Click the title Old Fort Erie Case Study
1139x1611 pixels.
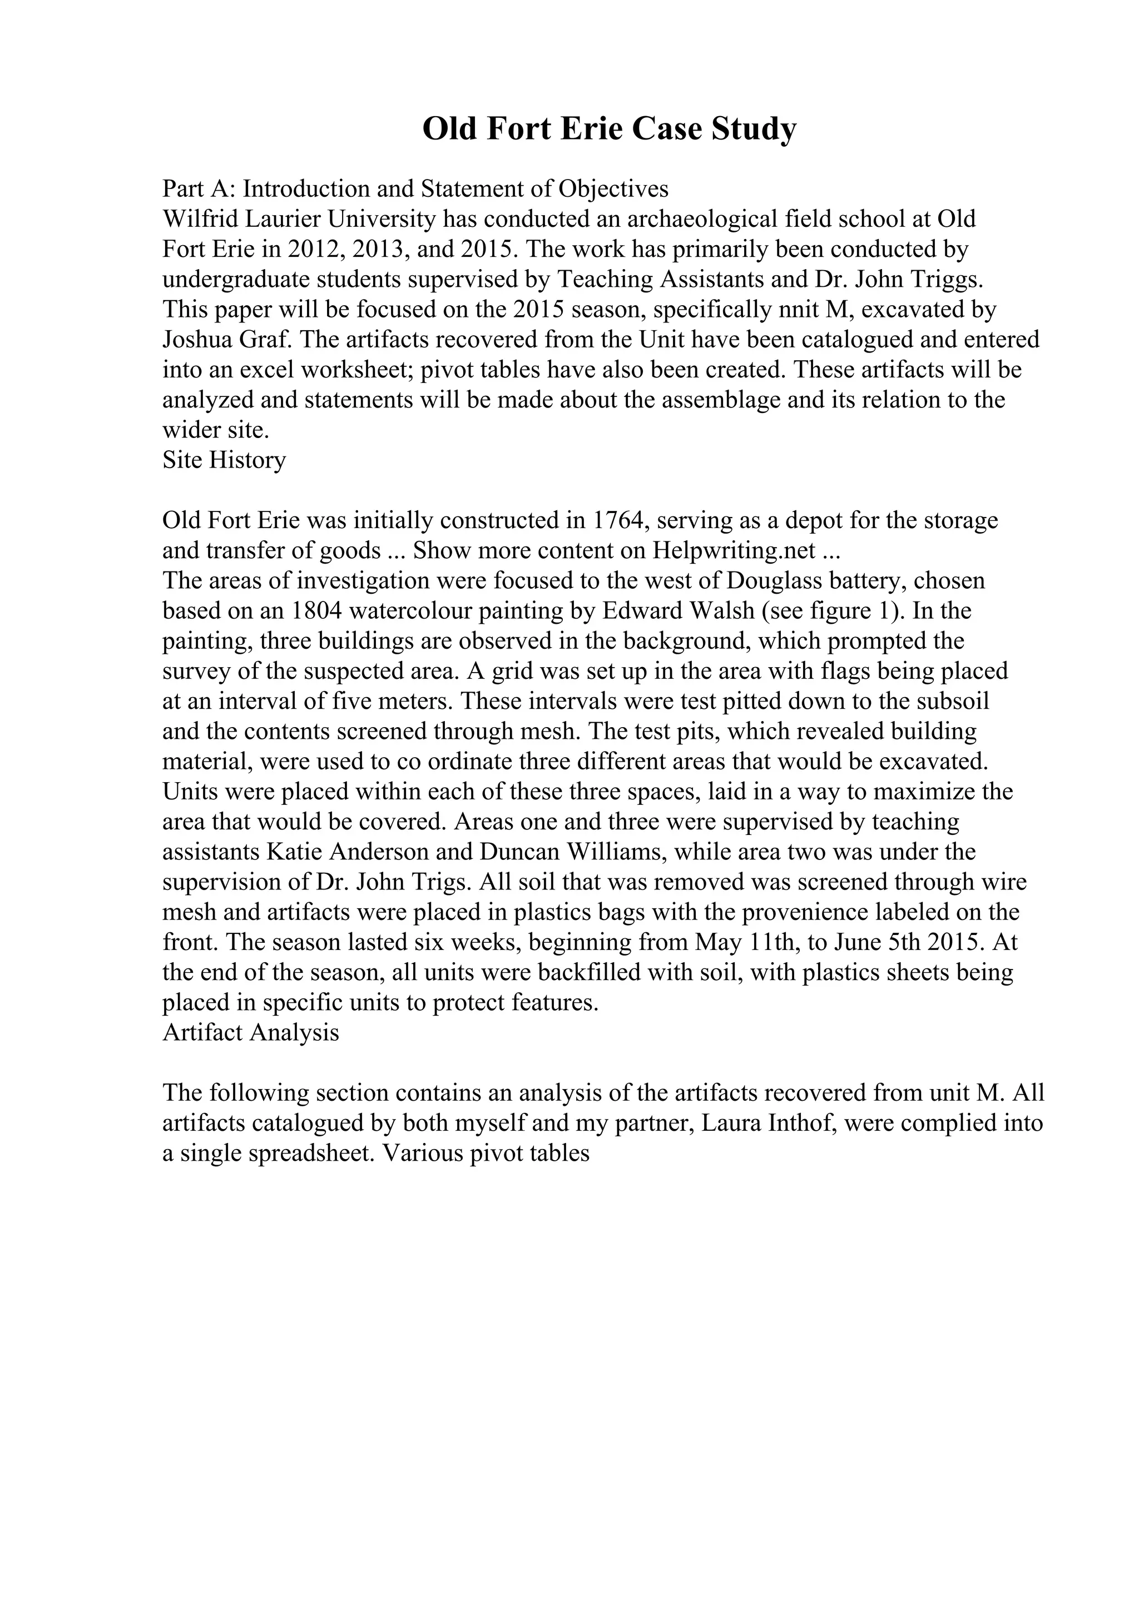click(x=609, y=129)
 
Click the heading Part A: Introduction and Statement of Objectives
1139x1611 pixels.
click(x=415, y=189)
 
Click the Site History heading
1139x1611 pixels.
click(x=224, y=460)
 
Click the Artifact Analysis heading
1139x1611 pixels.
click(x=250, y=1033)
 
